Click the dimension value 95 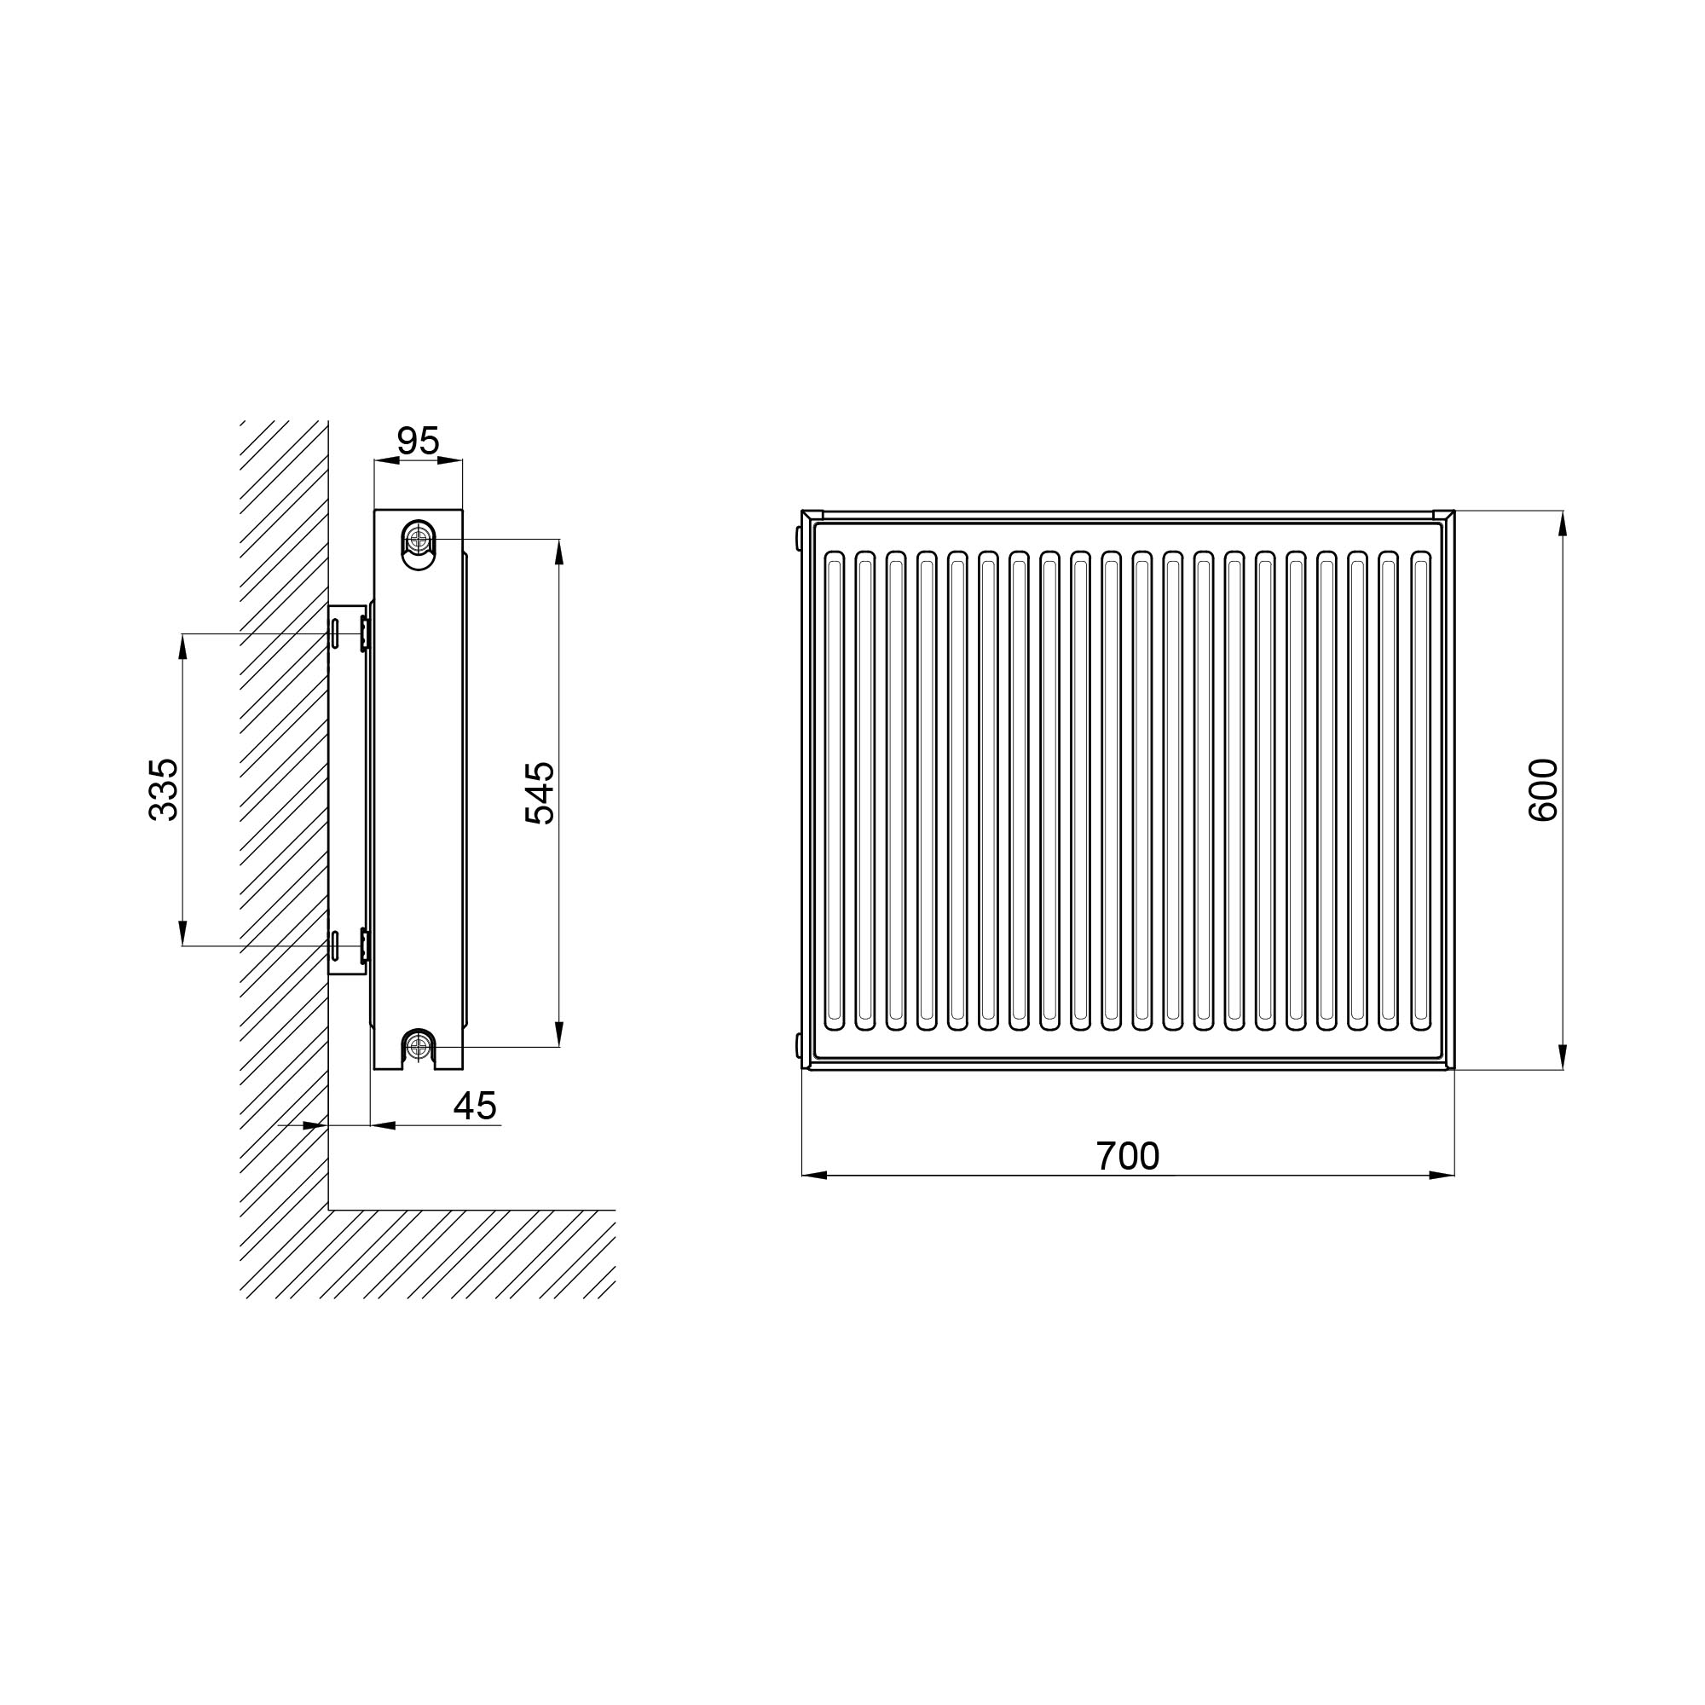point(418,441)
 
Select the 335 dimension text point(164,790)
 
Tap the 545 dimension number point(540,793)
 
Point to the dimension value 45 point(475,1105)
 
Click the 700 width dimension point(1127,1155)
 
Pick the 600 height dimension point(1543,790)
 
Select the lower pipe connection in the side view point(419,1048)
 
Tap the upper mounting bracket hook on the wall point(365,633)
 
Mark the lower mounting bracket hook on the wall point(365,945)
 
